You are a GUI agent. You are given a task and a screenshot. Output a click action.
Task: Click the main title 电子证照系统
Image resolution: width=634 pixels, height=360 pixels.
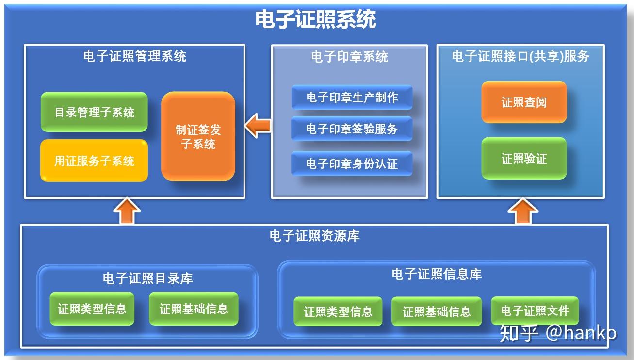[x=316, y=20]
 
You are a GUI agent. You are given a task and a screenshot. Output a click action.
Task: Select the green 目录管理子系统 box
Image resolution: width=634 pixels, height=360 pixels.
[x=94, y=112]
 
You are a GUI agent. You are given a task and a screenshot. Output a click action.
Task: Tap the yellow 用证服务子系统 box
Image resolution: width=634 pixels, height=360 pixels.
[x=94, y=161]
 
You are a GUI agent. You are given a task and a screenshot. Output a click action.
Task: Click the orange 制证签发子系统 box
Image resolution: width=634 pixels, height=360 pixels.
[x=198, y=137]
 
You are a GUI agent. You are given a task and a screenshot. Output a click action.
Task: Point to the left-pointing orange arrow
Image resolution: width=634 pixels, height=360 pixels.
[x=258, y=126]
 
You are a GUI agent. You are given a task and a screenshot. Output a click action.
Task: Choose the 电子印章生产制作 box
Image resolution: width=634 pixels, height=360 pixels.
[x=352, y=98]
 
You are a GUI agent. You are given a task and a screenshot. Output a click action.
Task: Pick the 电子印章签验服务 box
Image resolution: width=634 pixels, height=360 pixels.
[x=352, y=129]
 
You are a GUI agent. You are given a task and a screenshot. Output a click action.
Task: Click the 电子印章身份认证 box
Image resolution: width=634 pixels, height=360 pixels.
[x=352, y=164]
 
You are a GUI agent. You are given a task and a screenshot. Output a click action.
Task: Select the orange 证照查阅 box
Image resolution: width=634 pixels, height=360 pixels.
[x=524, y=102]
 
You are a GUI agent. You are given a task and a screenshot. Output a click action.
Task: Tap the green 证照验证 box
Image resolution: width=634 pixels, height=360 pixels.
[x=524, y=158]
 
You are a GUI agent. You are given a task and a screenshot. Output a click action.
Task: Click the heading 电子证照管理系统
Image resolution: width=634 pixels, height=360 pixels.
[x=135, y=56]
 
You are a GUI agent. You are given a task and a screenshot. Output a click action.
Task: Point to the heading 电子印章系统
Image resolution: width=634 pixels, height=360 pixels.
[x=349, y=57]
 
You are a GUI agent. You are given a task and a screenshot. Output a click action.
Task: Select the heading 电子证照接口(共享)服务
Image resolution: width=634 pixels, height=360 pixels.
[x=520, y=57]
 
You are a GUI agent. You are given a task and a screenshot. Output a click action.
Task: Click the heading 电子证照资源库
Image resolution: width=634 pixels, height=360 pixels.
[x=314, y=236]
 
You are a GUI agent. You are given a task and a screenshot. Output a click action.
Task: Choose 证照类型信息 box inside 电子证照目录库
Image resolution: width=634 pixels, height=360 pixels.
[x=92, y=309]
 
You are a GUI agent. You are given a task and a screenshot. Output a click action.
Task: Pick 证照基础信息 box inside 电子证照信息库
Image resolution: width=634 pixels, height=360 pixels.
[x=437, y=311]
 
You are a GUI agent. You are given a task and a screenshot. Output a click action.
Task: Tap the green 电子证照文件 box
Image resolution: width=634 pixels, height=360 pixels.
[x=535, y=311]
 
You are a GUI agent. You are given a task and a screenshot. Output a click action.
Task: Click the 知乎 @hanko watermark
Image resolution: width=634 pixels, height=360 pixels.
[x=558, y=333]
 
